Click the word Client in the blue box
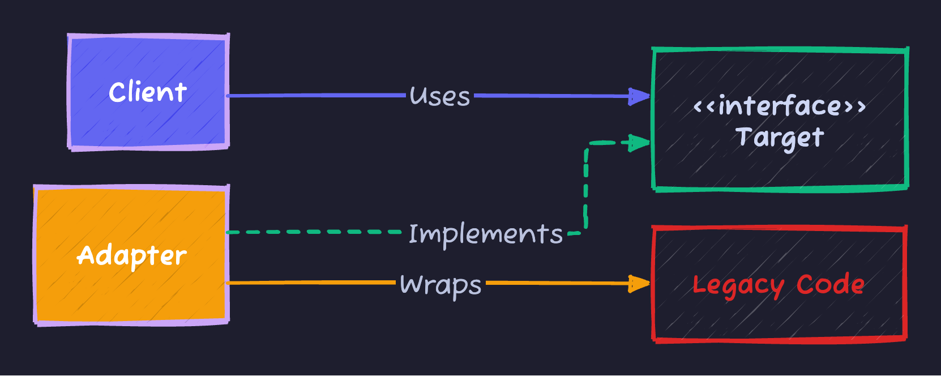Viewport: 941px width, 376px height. [x=147, y=92]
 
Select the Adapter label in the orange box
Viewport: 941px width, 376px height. [x=131, y=256]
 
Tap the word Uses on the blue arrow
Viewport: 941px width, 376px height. [x=440, y=96]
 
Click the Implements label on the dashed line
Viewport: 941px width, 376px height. [x=485, y=234]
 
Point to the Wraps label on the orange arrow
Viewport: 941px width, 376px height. [x=440, y=284]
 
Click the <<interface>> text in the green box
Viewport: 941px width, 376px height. [x=779, y=106]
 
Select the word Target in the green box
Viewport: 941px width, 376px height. [x=779, y=138]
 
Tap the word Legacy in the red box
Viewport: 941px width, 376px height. [x=738, y=285]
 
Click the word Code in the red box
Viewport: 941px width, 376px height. [x=830, y=284]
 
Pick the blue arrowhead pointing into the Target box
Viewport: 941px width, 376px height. [x=641, y=96]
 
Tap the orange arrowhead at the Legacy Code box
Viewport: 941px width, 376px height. [x=641, y=283]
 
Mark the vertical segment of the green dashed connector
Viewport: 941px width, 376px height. [x=586, y=187]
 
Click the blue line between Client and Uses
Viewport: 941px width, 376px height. [x=317, y=96]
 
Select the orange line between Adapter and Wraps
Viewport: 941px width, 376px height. [x=311, y=283]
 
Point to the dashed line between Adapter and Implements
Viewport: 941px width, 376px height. [x=317, y=232]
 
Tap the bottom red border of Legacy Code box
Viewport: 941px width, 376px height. [x=780, y=340]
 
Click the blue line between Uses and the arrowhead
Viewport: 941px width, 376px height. [x=549, y=96]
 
